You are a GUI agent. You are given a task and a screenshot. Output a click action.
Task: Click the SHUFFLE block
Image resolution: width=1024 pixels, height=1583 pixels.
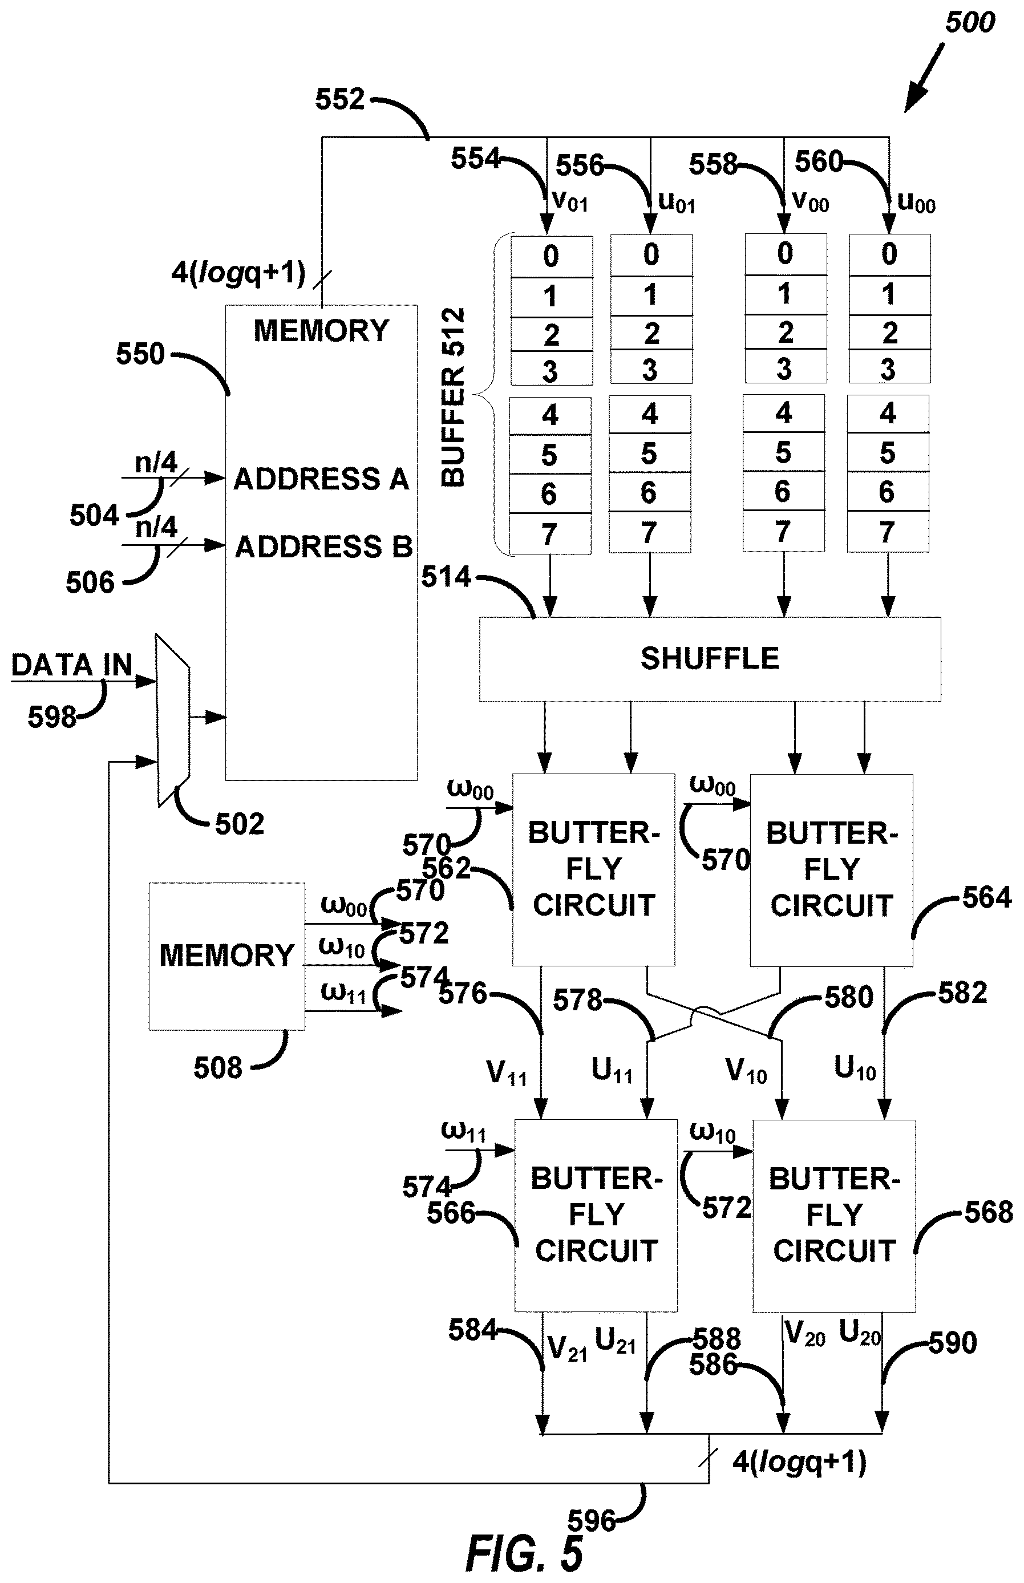710,659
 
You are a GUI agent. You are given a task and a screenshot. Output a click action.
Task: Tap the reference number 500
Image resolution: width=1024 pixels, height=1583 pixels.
970,23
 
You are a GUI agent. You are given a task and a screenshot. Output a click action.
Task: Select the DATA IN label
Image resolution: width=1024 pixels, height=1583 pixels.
72,665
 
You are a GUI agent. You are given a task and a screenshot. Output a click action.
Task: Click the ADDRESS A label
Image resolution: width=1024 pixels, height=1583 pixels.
321,479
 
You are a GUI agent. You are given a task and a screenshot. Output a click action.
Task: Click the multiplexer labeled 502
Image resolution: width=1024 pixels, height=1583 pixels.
173,720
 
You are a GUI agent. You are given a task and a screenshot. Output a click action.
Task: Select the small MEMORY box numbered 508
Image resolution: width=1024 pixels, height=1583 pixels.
226,956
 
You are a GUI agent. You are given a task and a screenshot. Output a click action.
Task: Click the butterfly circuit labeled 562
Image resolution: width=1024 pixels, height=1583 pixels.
593,869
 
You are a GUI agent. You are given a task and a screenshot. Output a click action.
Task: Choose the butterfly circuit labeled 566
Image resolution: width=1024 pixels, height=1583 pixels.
596,1215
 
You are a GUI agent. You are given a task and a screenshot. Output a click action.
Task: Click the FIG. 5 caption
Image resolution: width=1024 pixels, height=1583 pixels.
525,1554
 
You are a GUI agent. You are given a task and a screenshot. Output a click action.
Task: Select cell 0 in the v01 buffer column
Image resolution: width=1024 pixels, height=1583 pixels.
551,256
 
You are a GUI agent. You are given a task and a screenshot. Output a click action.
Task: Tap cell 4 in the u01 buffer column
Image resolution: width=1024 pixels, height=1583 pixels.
650,414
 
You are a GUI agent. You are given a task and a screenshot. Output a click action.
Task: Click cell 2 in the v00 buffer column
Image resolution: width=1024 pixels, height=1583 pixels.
786,332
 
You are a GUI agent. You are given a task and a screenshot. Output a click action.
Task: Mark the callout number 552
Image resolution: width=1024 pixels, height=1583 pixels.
340,99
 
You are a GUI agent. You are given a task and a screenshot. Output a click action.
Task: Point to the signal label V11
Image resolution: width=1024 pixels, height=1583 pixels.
507,1073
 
